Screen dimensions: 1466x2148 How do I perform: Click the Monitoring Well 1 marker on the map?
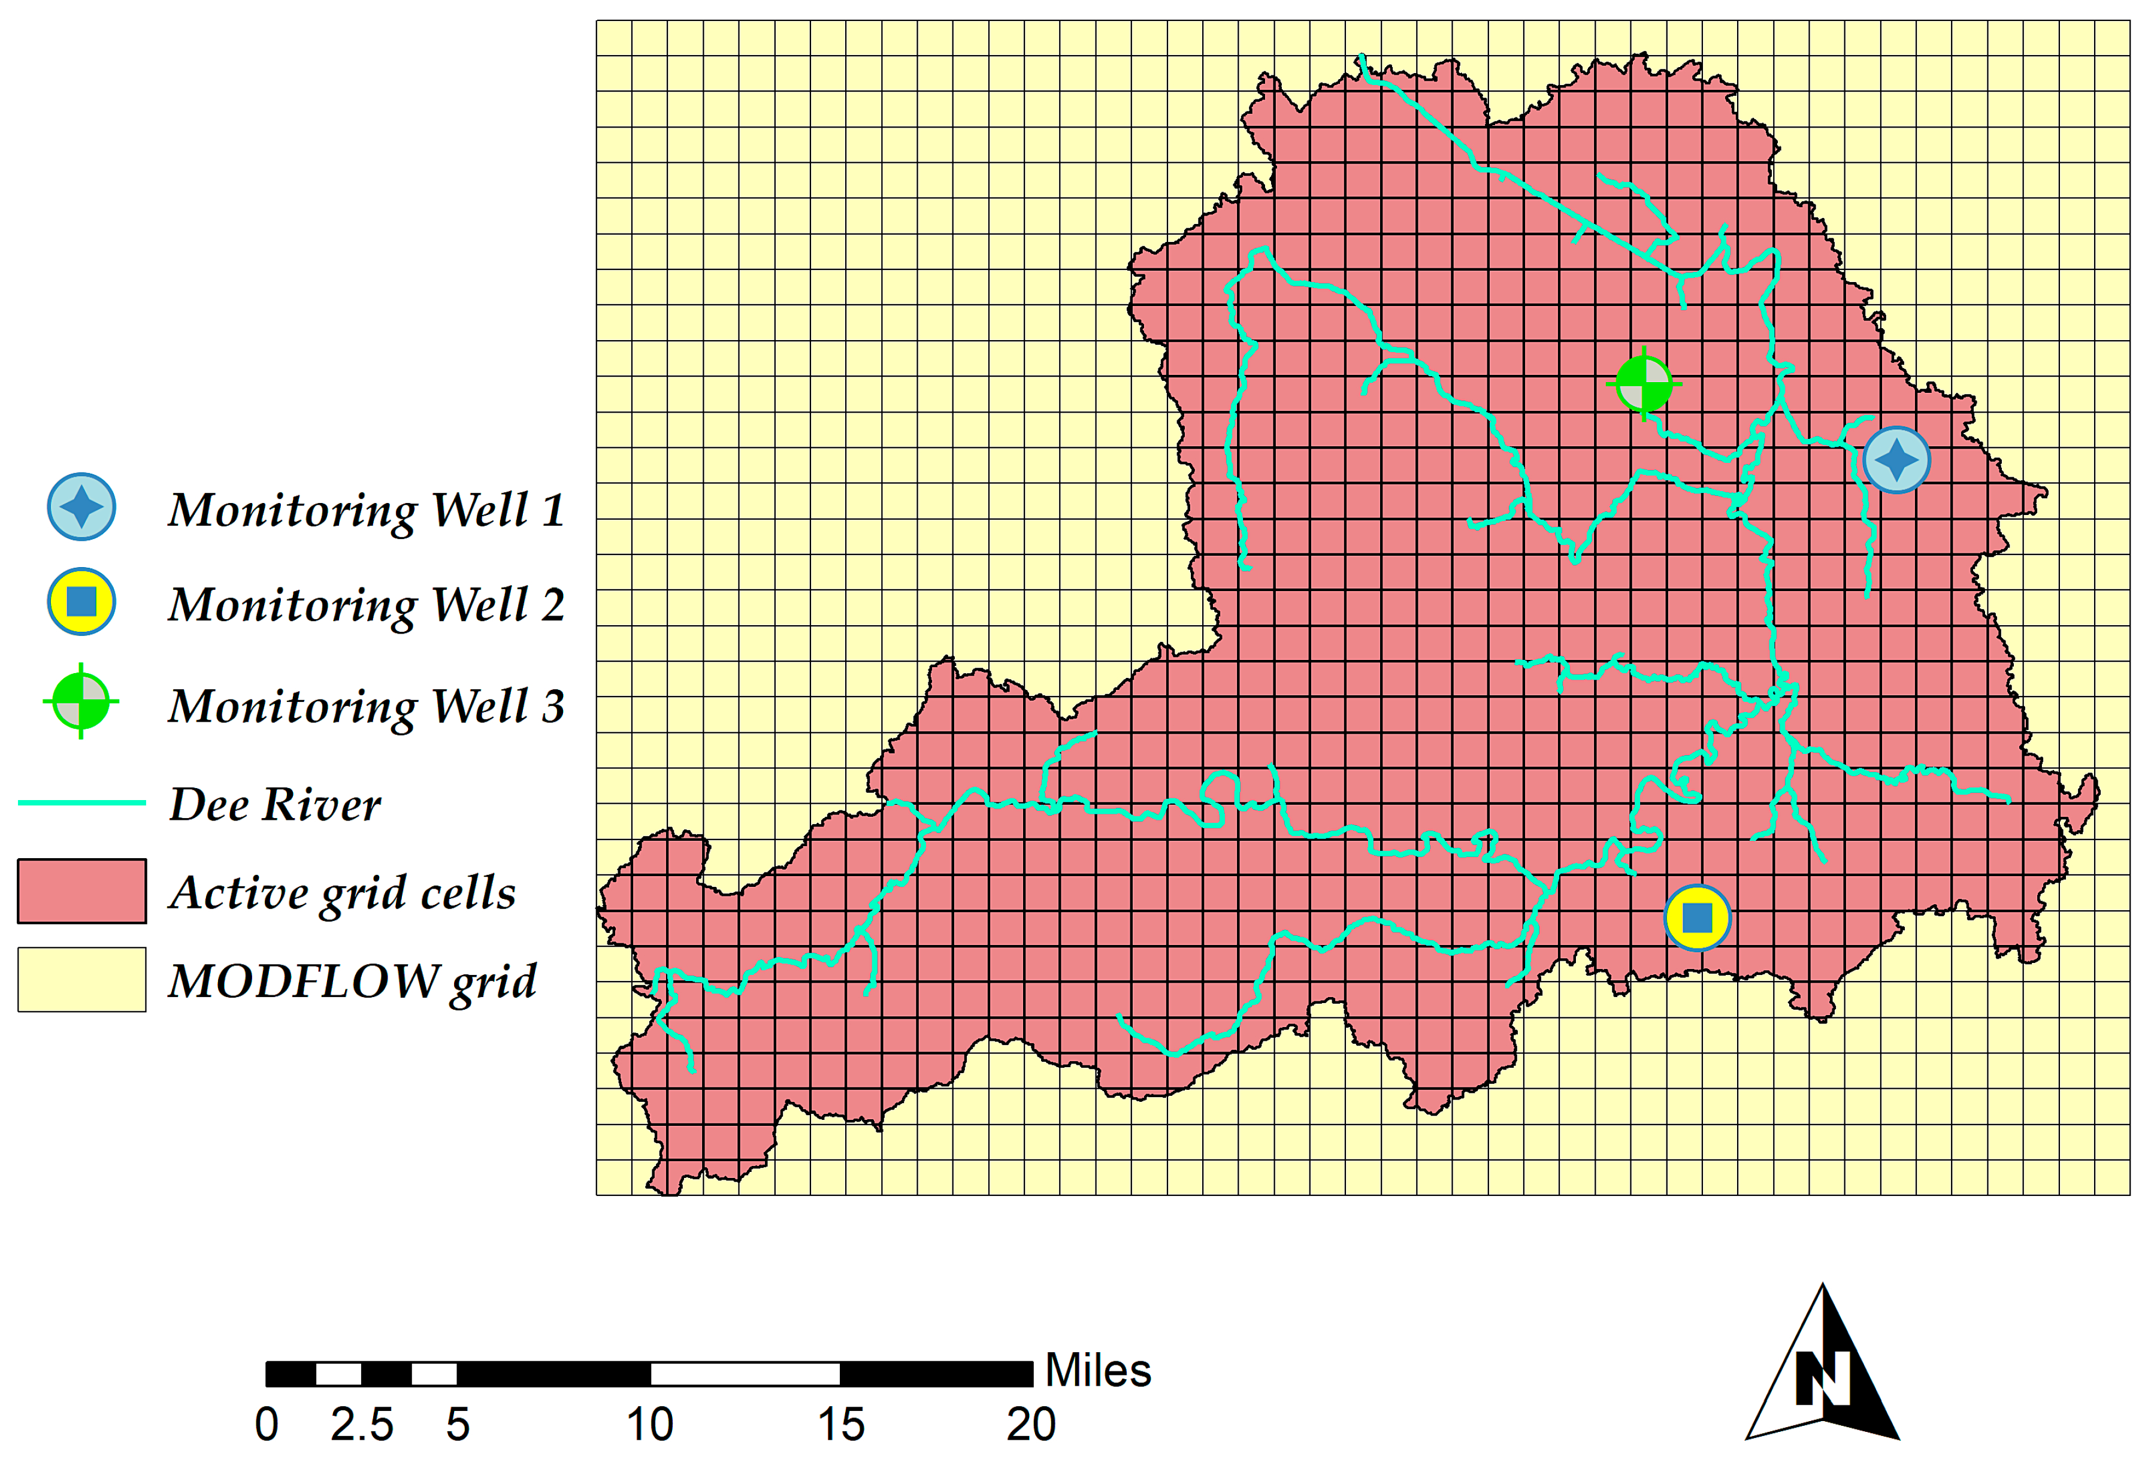(1896, 459)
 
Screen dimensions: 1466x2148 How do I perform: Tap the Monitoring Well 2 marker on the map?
(1697, 918)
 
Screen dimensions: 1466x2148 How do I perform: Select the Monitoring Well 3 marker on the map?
(1644, 384)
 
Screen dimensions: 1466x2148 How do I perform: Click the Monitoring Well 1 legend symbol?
(81, 507)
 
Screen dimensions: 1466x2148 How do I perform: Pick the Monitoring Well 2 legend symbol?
(81, 602)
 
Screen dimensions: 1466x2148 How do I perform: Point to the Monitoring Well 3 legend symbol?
(81, 702)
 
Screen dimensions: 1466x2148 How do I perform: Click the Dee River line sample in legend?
(81, 802)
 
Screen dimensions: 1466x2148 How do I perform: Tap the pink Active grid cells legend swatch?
(81, 891)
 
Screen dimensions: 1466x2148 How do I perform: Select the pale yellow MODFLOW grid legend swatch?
(81, 980)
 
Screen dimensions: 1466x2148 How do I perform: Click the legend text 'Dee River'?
(274, 804)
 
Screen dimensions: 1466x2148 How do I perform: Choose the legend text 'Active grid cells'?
(342, 893)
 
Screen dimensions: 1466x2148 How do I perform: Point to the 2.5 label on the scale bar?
(362, 1425)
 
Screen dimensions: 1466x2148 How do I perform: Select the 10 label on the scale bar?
(650, 1425)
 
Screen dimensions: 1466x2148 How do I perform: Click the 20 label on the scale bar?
(1030, 1425)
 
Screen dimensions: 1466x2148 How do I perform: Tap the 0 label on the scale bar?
(266, 1425)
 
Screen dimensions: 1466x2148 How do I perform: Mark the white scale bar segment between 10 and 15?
(745, 1374)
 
